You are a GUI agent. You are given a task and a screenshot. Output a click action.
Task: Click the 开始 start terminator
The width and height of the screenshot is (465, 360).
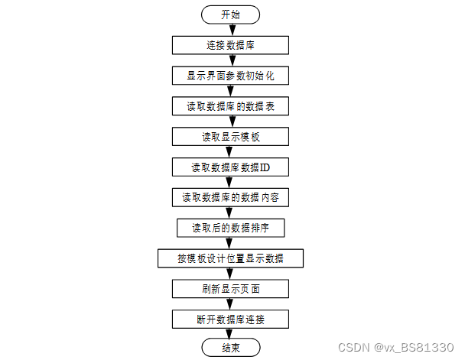230,15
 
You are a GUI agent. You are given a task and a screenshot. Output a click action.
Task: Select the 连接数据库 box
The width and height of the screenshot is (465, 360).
230,46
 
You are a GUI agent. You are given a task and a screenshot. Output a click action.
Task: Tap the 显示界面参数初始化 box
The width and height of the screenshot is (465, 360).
230,76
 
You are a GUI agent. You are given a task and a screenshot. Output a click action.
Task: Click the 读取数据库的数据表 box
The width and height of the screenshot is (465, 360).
230,106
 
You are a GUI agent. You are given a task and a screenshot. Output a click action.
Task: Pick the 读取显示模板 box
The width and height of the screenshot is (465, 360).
230,137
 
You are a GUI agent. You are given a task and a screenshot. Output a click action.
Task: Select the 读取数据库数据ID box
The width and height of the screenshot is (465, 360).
230,167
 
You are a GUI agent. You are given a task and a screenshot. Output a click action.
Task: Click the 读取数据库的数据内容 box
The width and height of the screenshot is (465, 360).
230,197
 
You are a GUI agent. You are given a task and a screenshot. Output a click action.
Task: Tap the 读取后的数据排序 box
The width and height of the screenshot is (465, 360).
230,228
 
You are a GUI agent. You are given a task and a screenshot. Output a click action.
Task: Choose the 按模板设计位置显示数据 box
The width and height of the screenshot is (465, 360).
230,258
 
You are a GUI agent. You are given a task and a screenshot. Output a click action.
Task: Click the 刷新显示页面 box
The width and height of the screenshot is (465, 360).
230,289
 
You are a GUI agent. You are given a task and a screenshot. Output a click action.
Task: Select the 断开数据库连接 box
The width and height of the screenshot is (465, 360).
230,319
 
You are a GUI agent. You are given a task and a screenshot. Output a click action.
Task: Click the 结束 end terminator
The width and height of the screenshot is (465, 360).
230,349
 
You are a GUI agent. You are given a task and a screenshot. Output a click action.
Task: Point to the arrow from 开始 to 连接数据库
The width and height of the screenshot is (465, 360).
230,30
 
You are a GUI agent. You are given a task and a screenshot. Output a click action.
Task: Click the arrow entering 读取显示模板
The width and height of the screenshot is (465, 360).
230,122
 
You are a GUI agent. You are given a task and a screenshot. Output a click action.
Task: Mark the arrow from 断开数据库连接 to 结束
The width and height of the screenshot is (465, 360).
230,334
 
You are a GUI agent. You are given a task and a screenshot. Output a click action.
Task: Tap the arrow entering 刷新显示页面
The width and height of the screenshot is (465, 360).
230,274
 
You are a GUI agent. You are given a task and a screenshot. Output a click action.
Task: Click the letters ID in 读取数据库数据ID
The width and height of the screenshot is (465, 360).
265,167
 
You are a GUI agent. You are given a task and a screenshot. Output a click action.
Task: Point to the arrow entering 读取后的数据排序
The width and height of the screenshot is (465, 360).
230,212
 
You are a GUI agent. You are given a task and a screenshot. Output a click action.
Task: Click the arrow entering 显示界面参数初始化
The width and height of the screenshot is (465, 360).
230,61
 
